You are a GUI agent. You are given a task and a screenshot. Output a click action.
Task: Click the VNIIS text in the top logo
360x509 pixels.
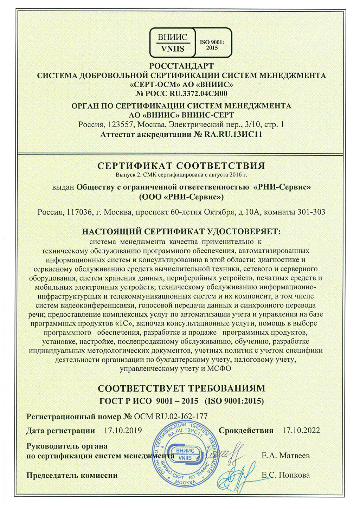point(173,49)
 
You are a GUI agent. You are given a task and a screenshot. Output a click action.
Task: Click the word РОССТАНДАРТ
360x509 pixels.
point(181,66)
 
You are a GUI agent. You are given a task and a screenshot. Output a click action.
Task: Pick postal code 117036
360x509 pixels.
point(79,212)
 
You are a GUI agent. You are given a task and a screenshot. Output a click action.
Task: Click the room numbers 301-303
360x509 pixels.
point(311,212)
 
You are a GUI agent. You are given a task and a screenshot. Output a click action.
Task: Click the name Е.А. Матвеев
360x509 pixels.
point(285,456)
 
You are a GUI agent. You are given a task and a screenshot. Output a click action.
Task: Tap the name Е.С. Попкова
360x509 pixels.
point(285,475)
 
